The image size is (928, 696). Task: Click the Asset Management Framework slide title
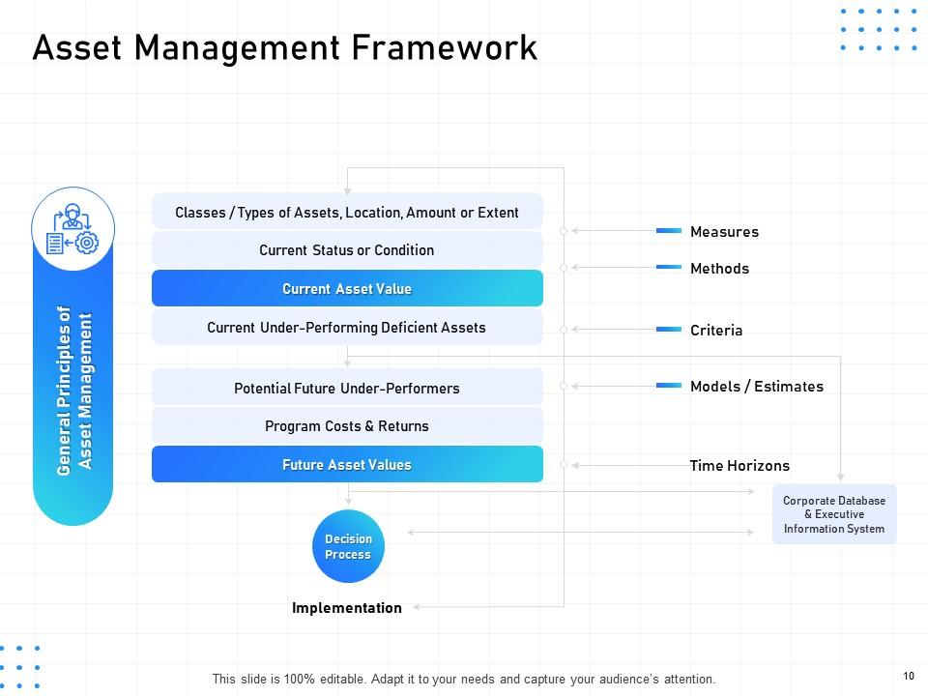click(x=284, y=47)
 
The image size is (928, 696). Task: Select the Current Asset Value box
click(x=347, y=289)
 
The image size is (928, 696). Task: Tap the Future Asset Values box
click(x=347, y=465)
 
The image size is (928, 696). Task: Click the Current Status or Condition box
click(x=347, y=250)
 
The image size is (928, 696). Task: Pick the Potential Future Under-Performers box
click(x=347, y=389)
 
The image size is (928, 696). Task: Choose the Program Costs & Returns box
click(x=347, y=426)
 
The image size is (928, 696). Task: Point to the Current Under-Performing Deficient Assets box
click(x=347, y=328)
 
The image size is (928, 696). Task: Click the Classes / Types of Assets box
click(x=347, y=213)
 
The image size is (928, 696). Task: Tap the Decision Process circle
click(x=348, y=547)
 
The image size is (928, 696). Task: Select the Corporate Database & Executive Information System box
click(x=834, y=515)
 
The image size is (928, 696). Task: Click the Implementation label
click(x=347, y=608)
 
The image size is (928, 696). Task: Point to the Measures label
click(x=724, y=232)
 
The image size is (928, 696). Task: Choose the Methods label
click(x=719, y=269)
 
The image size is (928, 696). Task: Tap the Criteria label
click(x=716, y=331)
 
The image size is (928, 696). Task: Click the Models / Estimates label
click(x=757, y=387)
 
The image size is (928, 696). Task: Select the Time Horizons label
click(x=739, y=466)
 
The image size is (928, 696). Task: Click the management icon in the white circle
click(x=73, y=229)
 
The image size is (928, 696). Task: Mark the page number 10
click(x=909, y=676)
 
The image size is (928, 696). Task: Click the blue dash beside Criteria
click(x=669, y=330)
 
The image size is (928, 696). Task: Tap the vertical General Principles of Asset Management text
click(x=74, y=391)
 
